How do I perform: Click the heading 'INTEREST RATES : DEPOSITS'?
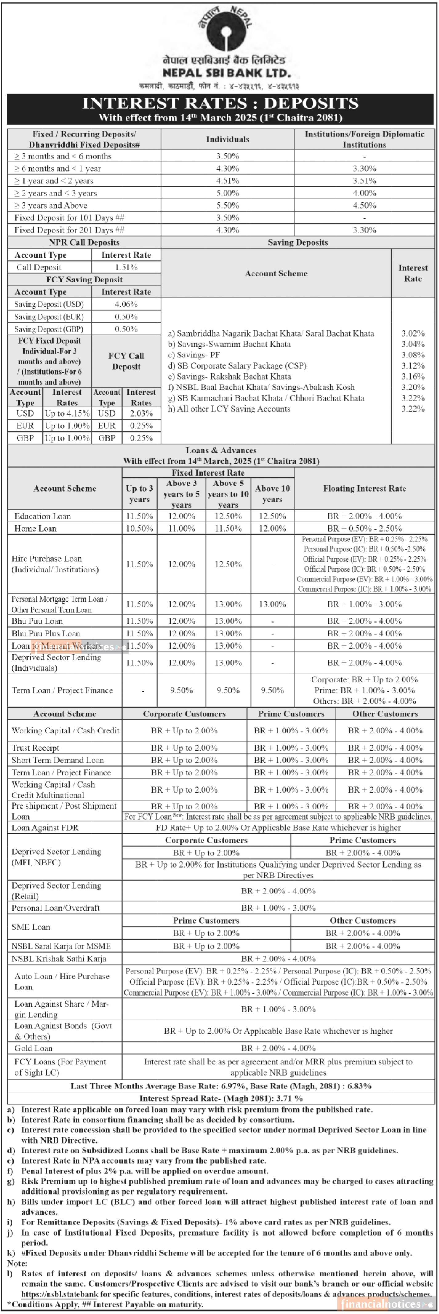click(x=220, y=104)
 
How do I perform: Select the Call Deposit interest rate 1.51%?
click(x=126, y=267)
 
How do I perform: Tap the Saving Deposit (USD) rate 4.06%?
click(x=126, y=304)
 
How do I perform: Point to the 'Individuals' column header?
click(x=228, y=139)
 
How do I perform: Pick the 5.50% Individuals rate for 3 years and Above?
click(x=228, y=206)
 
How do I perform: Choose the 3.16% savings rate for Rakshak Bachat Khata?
click(x=413, y=377)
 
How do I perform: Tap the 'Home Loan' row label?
click(x=35, y=529)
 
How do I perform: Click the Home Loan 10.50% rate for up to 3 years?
click(x=139, y=529)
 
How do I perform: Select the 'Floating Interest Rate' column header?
click(x=364, y=489)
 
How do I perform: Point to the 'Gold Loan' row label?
click(x=33, y=1048)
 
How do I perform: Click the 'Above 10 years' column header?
click(x=272, y=494)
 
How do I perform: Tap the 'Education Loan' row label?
click(x=42, y=516)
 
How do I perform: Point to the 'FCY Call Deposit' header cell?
click(x=126, y=361)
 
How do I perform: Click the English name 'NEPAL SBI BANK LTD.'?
click(x=226, y=73)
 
